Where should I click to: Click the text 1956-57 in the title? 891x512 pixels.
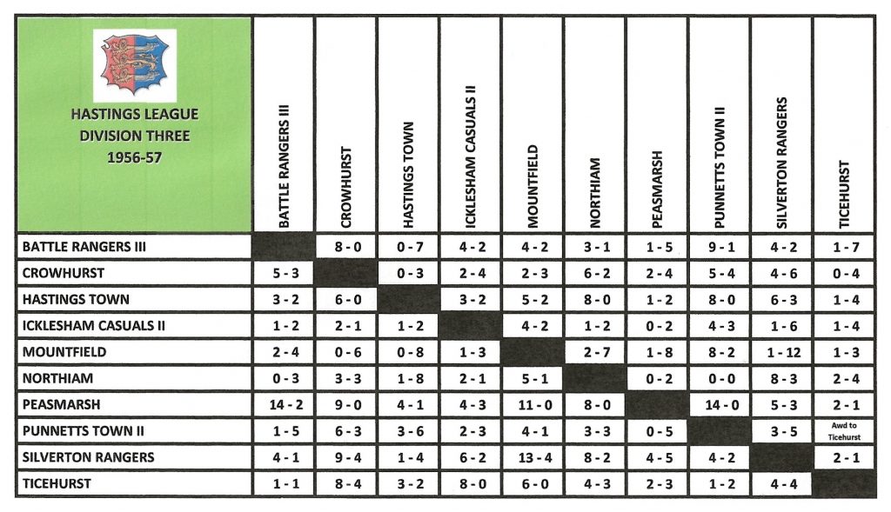(134, 157)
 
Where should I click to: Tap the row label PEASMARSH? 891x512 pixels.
(64, 405)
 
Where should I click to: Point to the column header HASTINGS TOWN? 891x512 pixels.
(409, 174)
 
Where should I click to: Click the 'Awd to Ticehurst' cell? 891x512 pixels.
(843, 431)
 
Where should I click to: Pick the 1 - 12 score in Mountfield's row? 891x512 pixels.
(781, 352)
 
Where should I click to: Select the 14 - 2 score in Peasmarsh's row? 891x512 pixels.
(283, 405)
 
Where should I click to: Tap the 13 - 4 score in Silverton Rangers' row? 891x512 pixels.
(532, 457)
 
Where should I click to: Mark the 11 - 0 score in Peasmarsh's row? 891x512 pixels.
(532, 405)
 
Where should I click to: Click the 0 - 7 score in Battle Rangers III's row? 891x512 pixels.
(407, 247)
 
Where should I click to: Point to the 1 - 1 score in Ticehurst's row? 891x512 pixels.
(283, 483)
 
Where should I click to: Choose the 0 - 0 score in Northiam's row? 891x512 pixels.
(719, 378)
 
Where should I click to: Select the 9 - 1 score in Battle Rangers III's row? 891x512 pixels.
(719, 247)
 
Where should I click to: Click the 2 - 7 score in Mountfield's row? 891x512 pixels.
(594, 352)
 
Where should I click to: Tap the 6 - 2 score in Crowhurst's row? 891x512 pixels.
(594, 273)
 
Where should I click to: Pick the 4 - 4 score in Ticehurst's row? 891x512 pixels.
(781, 483)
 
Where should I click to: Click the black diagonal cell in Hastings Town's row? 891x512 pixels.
(407, 299)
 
